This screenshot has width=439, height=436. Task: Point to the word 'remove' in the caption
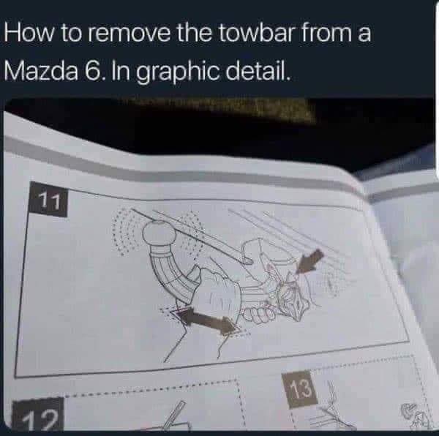pyautogui.click(x=129, y=35)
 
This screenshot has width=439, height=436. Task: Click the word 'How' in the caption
pyautogui.click(x=29, y=33)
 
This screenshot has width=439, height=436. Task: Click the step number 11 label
pyautogui.click(x=49, y=199)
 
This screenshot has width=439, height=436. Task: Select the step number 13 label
pyautogui.click(x=299, y=388)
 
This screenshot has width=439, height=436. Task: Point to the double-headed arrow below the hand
pyautogui.click(x=208, y=320)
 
